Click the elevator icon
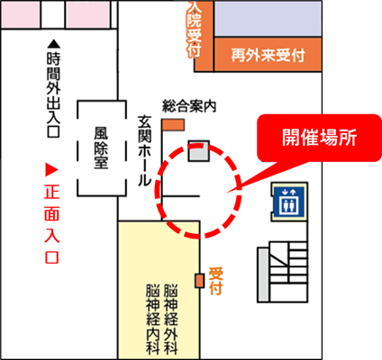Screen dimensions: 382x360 point(289,202)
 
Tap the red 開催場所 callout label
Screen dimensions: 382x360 point(319,138)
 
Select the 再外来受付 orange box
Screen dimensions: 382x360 point(268,54)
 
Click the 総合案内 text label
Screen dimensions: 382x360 point(189,106)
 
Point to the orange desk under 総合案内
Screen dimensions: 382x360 point(173,125)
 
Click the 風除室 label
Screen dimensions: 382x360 point(101,148)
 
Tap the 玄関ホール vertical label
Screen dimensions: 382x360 point(144,151)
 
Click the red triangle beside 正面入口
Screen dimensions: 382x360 point(51,169)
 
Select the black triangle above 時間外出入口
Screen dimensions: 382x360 point(54,44)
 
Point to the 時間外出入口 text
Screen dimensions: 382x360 point(54,94)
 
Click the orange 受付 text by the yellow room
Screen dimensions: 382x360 point(215,281)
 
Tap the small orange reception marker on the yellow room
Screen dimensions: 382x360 point(199,281)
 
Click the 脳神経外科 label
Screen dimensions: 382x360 point(171,319)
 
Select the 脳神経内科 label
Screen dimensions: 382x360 point(153,319)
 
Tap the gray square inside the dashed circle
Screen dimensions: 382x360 point(199,151)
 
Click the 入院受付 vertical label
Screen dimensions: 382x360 point(194,30)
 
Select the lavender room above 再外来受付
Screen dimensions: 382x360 point(268,19)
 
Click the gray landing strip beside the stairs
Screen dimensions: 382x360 point(263,274)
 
